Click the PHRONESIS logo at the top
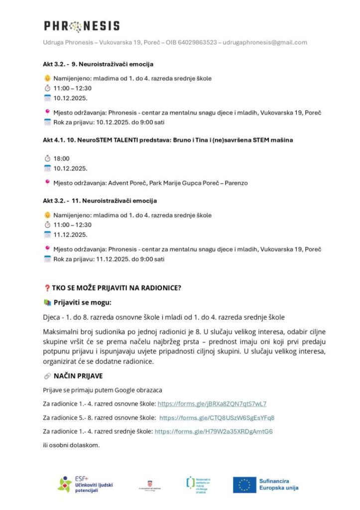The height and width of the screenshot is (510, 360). [82, 26]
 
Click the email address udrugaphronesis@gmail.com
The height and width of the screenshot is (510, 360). [265, 42]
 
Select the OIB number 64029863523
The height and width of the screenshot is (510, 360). [198, 42]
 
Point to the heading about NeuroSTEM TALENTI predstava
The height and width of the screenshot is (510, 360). [168, 140]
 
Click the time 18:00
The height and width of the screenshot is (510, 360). [62, 158]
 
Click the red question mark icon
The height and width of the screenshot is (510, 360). [47, 288]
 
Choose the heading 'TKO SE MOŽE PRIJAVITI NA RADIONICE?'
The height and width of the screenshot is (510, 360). [117, 288]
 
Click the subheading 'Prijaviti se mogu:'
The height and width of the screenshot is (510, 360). [83, 302]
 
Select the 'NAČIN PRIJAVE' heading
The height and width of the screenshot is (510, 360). [78, 376]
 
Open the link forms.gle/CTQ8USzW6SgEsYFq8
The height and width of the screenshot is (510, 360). [217, 417]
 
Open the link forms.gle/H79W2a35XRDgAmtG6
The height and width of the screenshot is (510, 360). [214, 431]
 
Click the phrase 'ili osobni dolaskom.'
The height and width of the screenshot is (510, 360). [72, 445]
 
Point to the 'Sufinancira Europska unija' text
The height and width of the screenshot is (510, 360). [278, 484]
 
